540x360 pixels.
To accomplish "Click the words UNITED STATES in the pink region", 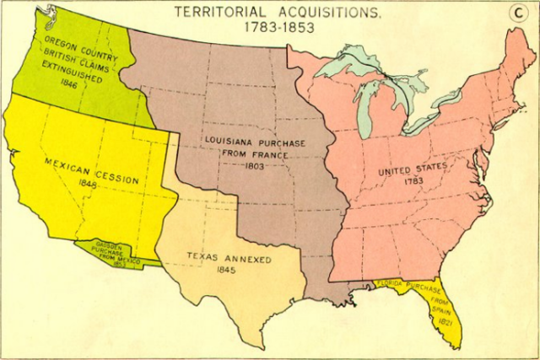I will point(412,168).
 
